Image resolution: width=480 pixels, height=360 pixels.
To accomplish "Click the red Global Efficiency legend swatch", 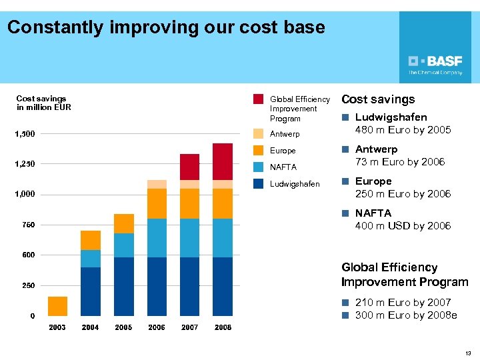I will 259,99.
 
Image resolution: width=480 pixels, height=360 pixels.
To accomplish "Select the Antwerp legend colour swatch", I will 259,134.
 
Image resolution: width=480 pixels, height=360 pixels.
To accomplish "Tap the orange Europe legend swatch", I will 259,151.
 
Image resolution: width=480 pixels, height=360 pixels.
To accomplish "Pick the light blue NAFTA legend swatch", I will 259,167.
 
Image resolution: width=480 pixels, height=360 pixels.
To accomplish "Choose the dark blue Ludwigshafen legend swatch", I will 259,184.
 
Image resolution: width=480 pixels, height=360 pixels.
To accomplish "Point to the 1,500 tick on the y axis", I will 25,134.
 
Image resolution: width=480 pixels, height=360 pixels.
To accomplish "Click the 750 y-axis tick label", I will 29,225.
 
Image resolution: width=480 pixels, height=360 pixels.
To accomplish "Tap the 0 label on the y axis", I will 32,316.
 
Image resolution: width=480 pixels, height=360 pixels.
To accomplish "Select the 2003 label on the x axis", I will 57,327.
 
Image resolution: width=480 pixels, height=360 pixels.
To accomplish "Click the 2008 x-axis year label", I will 223,327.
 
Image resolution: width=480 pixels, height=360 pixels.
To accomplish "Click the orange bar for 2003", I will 58,306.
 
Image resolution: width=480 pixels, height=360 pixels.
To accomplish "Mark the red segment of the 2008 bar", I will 223,161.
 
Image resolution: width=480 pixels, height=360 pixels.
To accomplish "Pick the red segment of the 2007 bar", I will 190,167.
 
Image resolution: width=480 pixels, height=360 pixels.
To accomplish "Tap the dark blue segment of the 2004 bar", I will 91,291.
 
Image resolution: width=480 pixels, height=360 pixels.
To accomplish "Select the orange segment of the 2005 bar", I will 124,223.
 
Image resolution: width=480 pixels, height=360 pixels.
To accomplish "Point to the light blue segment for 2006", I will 157,238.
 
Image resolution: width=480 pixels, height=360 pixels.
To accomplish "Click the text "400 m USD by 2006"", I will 403,226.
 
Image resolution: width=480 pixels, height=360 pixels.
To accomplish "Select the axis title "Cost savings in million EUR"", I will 43,103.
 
